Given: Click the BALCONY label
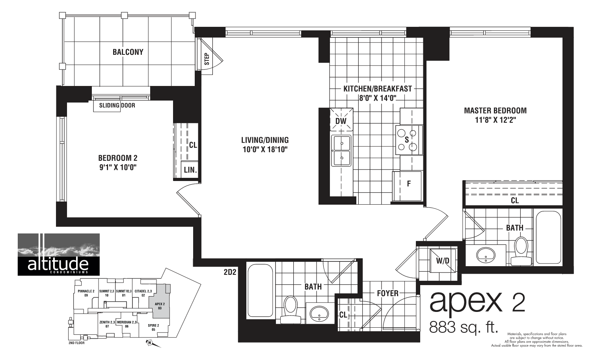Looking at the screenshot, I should (x=128, y=52).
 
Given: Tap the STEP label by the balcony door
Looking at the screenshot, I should (x=207, y=60).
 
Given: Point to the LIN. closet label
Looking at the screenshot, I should (x=190, y=170).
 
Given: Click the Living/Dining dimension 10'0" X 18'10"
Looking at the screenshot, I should (x=265, y=149).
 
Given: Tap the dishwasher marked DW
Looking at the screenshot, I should (x=341, y=121).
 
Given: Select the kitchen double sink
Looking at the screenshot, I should (x=341, y=151).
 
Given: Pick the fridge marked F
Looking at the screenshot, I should (x=409, y=184).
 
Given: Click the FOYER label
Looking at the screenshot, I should (x=387, y=293).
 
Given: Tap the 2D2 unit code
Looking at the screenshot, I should (x=229, y=271).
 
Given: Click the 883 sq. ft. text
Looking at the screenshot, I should (x=464, y=327).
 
